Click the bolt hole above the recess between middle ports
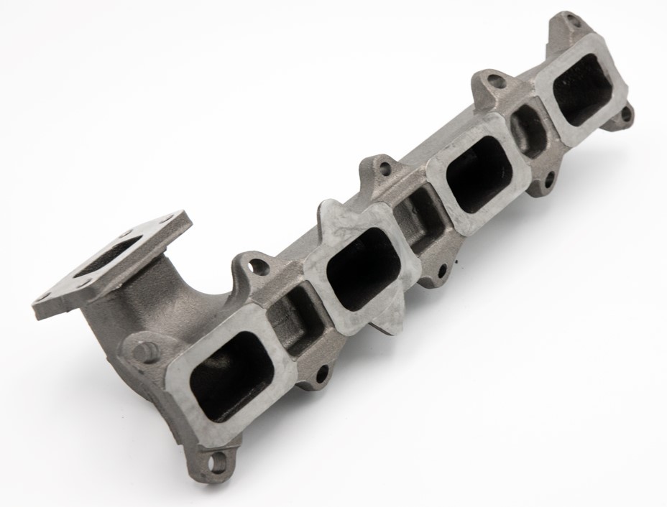click(x=385, y=169)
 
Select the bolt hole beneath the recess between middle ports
click(x=441, y=271)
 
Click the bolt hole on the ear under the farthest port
click(x=626, y=113)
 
